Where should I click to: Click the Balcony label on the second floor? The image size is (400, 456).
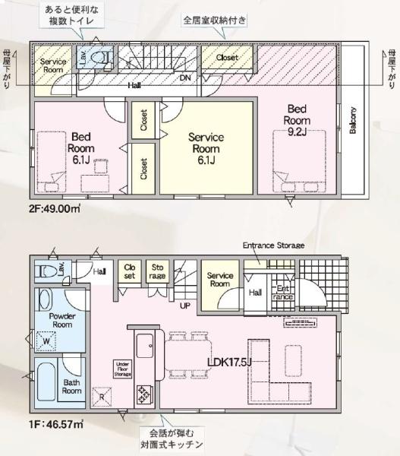point(353,120)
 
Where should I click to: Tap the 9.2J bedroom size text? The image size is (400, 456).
point(297,132)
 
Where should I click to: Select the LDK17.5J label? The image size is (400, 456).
point(229,363)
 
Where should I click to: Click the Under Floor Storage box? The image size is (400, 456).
point(123,369)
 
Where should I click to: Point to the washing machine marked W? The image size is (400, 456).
point(46,340)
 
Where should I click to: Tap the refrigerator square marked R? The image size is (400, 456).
point(102,397)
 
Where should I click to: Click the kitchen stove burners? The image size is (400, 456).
point(144,394)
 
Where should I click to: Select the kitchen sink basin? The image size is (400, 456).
point(145,346)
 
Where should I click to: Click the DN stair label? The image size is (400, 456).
point(185,78)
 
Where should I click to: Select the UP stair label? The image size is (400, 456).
point(185,306)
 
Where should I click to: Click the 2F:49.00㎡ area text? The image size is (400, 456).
point(55,208)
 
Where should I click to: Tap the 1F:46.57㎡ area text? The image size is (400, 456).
point(56,424)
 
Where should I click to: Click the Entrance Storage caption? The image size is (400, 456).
point(274,245)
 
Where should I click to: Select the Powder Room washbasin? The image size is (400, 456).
point(44,299)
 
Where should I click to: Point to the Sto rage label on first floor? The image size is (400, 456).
point(157,271)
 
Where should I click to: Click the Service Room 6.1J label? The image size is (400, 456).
point(206,149)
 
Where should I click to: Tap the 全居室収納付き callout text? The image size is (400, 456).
point(215,21)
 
